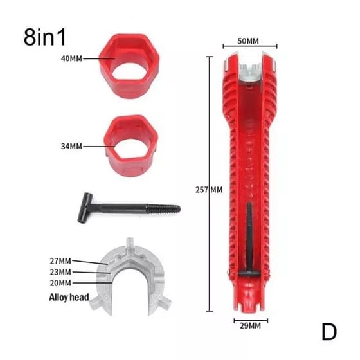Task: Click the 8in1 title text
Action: (45, 37)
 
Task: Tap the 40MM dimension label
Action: (71, 59)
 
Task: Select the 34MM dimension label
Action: (71, 147)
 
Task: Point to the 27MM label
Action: (60, 261)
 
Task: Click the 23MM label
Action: (60, 272)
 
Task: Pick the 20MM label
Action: (60, 283)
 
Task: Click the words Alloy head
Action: (69, 297)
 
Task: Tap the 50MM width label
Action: (248, 41)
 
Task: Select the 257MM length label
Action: (209, 190)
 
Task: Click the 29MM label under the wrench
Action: (250, 326)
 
